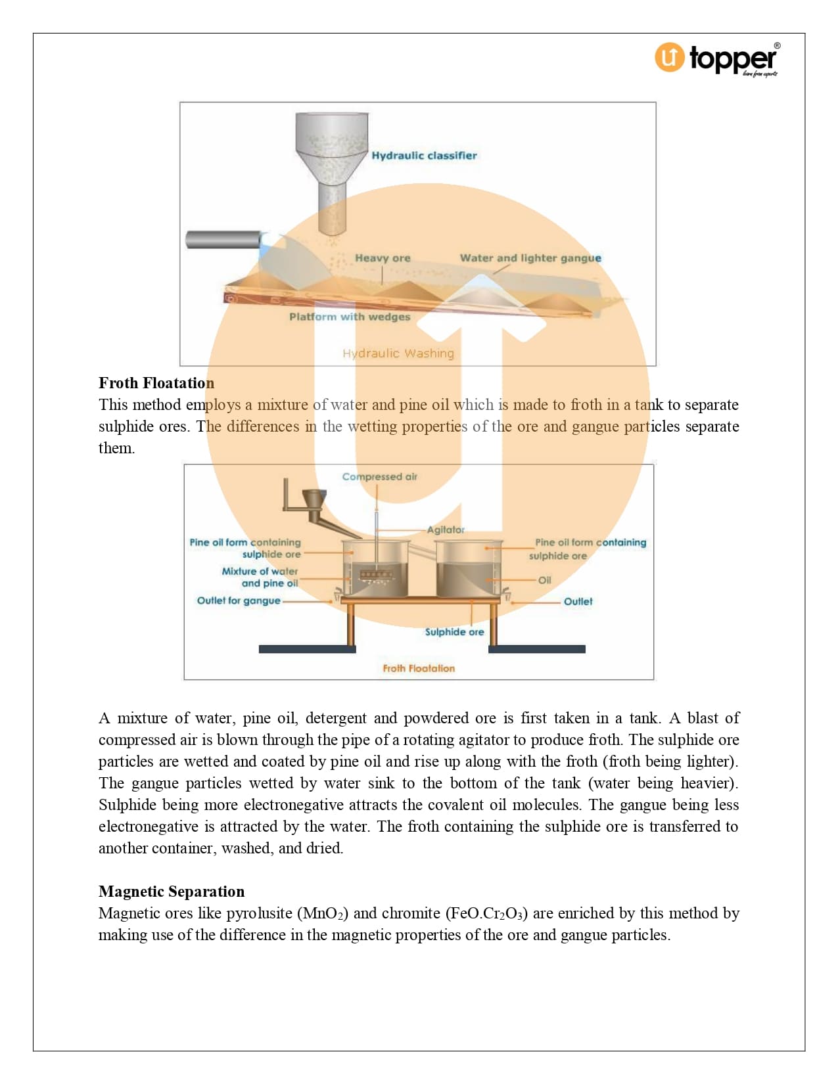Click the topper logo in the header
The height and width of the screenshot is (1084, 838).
click(716, 59)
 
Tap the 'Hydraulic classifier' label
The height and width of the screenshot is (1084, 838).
click(424, 156)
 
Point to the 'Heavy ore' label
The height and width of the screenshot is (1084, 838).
click(383, 258)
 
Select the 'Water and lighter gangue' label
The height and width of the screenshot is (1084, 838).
click(530, 258)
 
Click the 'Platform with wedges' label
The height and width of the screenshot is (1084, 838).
click(350, 317)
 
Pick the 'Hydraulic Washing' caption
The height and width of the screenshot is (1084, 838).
click(398, 353)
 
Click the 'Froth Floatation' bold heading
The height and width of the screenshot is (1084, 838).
click(156, 383)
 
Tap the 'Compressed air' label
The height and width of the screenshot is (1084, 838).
click(379, 477)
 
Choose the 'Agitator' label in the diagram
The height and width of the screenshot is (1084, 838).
click(446, 530)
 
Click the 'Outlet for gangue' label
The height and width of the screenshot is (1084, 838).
click(239, 600)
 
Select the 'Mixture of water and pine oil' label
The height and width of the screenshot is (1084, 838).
click(260, 577)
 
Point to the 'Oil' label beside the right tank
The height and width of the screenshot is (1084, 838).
click(545, 580)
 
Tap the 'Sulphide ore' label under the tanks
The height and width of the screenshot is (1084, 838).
click(454, 632)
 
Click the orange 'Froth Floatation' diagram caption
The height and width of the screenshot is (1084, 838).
click(419, 668)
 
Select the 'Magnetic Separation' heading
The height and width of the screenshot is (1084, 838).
click(172, 892)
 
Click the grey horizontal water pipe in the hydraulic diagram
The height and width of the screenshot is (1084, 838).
click(223, 239)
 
